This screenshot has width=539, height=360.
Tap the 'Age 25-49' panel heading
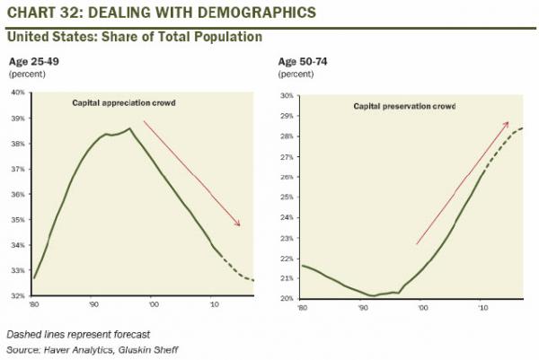[32, 61]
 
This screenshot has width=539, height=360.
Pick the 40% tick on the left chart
[18, 92]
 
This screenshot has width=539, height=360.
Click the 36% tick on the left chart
[18, 193]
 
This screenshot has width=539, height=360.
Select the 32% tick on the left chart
[18, 294]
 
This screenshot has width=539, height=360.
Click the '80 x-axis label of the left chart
[34, 305]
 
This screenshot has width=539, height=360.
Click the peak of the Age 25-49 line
[129, 128]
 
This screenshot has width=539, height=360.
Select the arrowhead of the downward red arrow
[240, 224]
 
